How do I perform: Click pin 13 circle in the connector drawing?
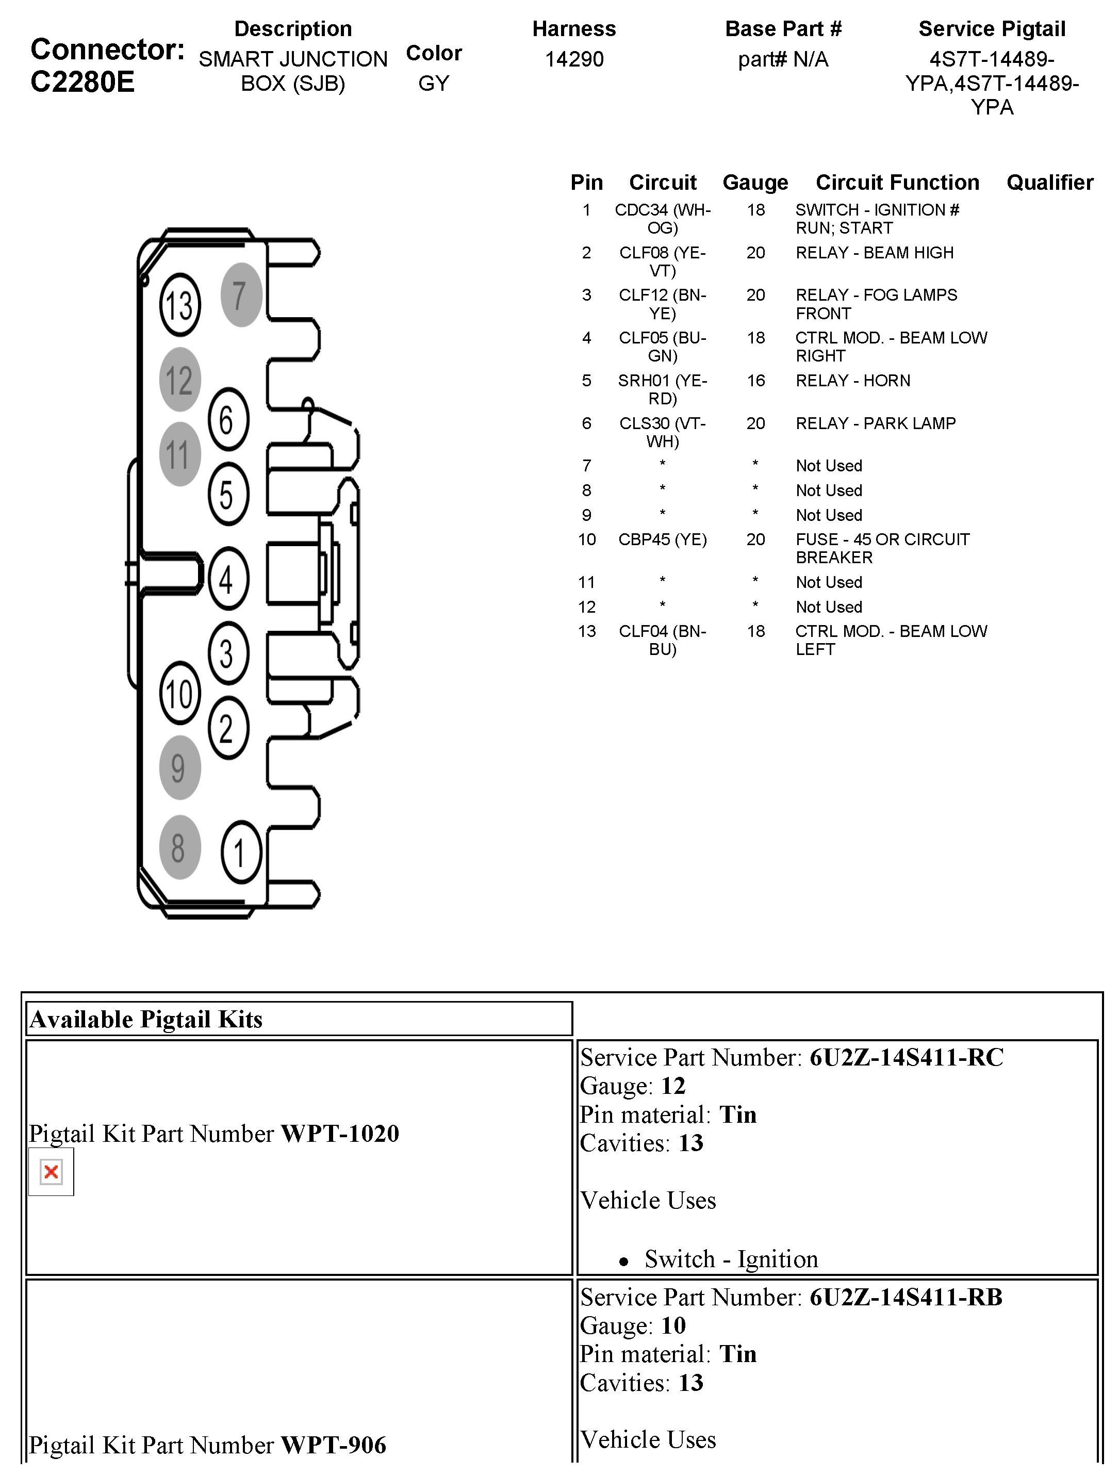[179, 305]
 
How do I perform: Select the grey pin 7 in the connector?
[241, 294]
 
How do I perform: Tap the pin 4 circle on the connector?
[228, 579]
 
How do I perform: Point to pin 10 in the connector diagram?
[180, 694]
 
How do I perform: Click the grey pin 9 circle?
[179, 767]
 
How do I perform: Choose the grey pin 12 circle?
[179, 380]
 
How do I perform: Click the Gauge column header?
[755, 182]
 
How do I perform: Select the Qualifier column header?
[1050, 182]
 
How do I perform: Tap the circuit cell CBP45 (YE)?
[662, 539]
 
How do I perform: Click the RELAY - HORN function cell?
[852, 380]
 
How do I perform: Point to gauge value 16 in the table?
[755, 380]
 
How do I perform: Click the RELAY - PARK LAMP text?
[875, 423]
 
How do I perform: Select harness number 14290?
[574, 59]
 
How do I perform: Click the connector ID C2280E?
[82, 82]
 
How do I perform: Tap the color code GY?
[434, 84]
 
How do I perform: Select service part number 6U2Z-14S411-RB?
[906, 1297]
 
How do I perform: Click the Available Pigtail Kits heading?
[146, 1020]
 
